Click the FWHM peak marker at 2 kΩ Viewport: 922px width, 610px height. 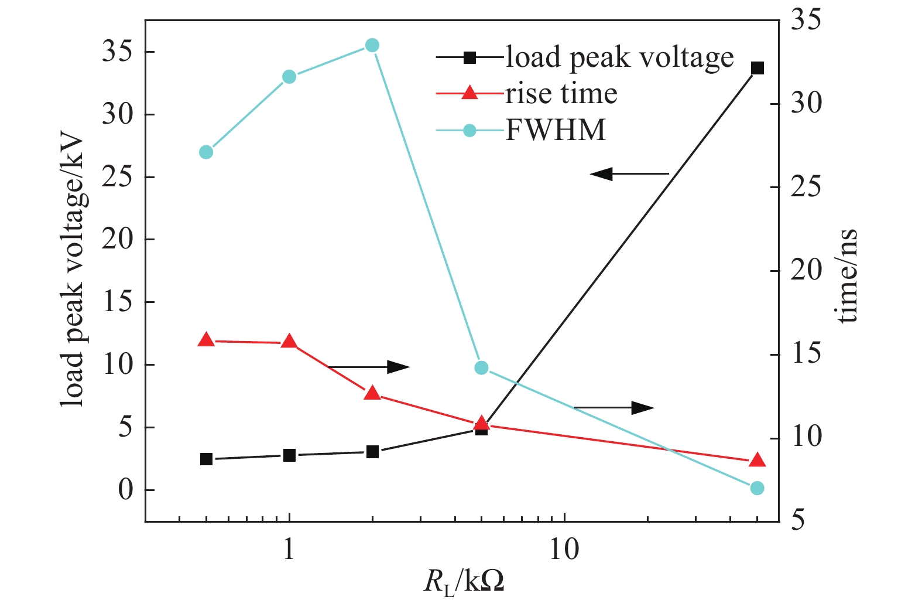click(372, 45)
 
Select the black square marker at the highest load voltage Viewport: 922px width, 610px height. click(757, 69)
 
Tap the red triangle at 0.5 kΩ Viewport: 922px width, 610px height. click(206, 340)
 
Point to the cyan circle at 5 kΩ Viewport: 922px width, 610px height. click(481, 368)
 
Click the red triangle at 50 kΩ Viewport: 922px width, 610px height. click(757, 460)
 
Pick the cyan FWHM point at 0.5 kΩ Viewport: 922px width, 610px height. click(206, 152)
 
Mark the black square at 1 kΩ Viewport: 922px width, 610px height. click(289, 455)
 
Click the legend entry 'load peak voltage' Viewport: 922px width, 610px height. click(619, 57)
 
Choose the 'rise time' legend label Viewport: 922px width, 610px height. click(561, 94)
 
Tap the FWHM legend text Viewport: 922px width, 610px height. click(555, 130)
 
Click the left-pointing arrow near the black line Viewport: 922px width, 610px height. click(629, 173)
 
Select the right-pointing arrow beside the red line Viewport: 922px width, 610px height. click(369, 367)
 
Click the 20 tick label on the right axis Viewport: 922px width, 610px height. click(806, 271)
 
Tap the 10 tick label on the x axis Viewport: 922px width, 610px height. click(564, 550)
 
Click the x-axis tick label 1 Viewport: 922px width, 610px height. click(289, 550)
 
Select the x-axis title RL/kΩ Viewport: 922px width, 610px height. click(464, 582)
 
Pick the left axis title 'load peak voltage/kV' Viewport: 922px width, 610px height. click(74, 272)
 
